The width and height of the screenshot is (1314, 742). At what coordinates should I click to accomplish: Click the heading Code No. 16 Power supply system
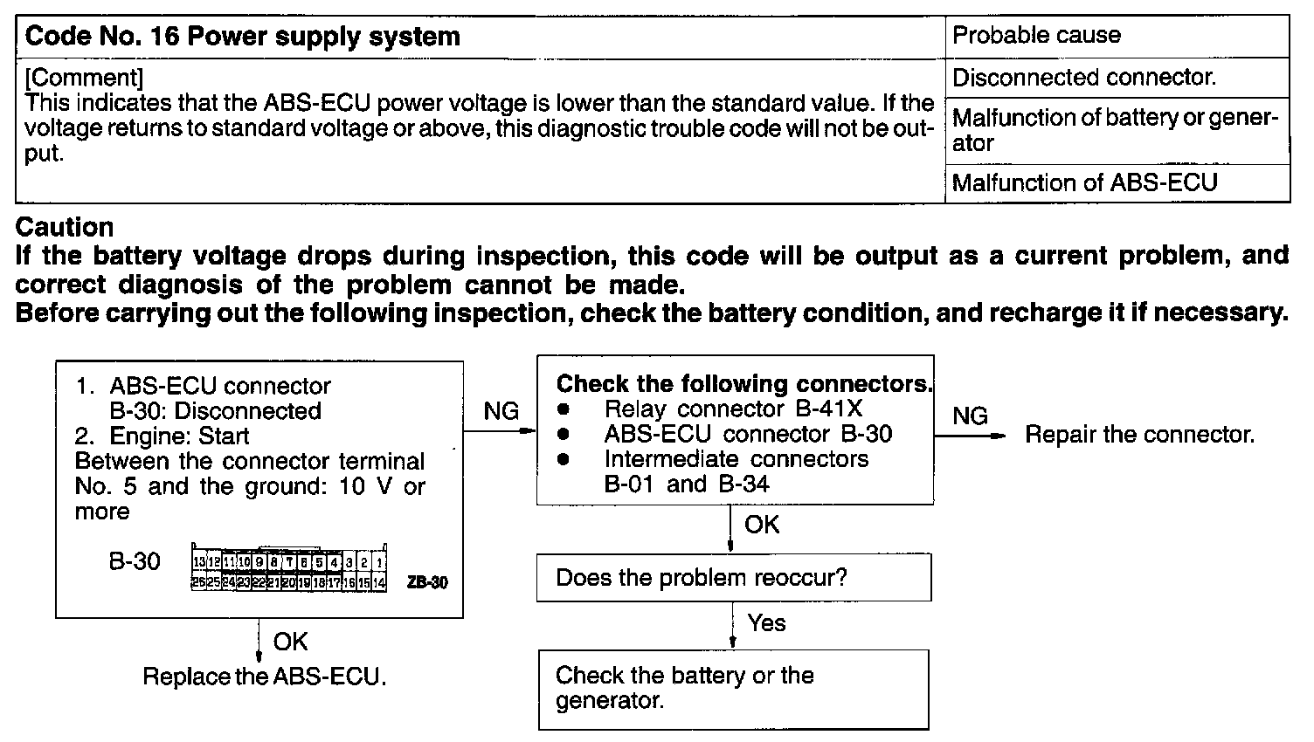click(243, 37)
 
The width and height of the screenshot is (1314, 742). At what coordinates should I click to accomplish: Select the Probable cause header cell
click(1036, 35)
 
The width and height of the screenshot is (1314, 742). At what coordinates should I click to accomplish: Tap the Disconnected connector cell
click(1083, 78)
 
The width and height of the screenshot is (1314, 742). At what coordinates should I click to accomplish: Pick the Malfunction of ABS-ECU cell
click(1083, 183)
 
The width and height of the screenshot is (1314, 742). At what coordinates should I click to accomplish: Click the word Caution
click(65, 228)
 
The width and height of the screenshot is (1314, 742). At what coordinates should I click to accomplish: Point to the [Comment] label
click(84, 78)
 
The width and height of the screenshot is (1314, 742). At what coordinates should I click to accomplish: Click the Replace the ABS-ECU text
click(264, 677)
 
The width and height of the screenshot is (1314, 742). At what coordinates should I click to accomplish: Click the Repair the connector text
click(1139, 435)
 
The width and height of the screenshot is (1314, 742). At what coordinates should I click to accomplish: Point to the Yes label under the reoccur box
click(766, 623)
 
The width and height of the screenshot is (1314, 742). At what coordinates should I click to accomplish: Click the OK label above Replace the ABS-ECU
click(290, 642)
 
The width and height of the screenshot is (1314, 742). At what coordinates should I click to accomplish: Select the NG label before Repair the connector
click(970, 416)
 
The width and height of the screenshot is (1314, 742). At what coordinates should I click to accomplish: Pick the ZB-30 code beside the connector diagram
click(427, 582)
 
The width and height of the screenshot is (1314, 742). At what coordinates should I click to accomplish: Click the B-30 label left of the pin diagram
click(134, 561)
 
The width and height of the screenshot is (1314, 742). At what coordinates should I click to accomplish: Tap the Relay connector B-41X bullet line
click(732, 409)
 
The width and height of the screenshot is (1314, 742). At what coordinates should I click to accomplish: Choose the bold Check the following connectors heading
click(744, 384)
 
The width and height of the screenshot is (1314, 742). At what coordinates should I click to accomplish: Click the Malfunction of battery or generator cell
click(1116, 130)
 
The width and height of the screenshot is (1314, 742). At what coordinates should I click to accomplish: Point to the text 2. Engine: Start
click(162, 436)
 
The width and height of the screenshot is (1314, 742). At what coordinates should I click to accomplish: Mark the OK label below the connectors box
click(761, 525)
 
